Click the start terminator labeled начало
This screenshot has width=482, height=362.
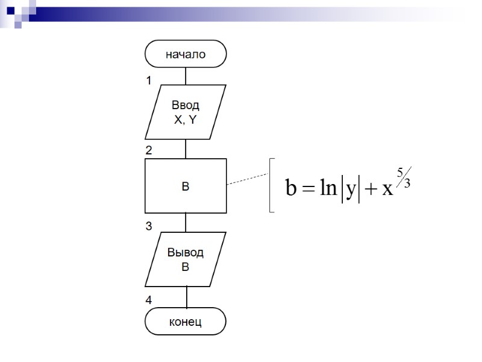pos(186,54)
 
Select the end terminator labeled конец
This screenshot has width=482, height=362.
pos(186,322)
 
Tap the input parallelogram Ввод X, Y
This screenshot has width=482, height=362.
pos(186,112)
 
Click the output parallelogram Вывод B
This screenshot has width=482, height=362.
pos(186,259)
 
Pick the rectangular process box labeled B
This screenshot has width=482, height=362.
pos(186,186)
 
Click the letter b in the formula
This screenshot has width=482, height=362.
pos(291,189)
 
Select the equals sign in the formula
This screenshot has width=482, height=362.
pos(309,190)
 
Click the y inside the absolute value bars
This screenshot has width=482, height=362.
pos(350,191)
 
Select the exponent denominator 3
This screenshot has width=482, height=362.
pos(407,183)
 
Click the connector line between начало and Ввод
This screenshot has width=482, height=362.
pos(186,76)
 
